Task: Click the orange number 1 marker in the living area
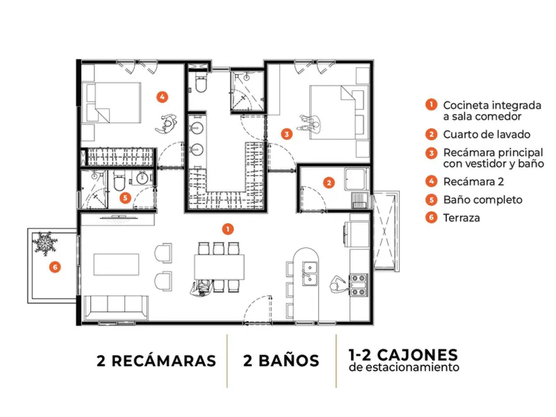pyautogui.click(x=228, y=229)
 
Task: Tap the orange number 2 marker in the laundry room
pyautogui.click(x=329, y=183)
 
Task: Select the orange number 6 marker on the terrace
pyautogui.click(x=55, y=267)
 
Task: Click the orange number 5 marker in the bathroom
pyautogui.click(x=125, y=197)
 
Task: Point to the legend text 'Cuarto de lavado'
pyautogui.click(x=486, y=134)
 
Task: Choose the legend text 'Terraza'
pyautogui.click(x=461, y=218)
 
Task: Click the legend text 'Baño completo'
pyautogui.click(x=482, y=199)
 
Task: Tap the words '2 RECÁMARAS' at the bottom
pyautogui.click(x=156, y=361)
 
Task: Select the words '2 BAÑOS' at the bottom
pyautogui.click(x=281, y=361)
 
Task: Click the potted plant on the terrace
pyautogui.click(x=44, y=244)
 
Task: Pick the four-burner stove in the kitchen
pyautogui.click(x=359, y=285)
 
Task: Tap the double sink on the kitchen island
pyautogui.click(x=310, y=273)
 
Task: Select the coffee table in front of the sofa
pyautogui.click(x=116, y=264)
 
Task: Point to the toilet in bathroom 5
pyautogui.click(x=118, y=181)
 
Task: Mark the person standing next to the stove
pyautogui.click(x=336, y=284)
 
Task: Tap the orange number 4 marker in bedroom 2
pyautogui.click(x=162, y=97)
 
